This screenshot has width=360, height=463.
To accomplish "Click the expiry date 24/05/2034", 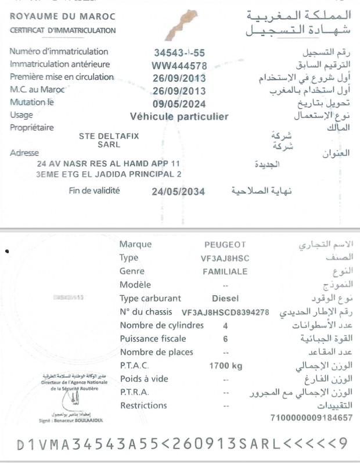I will tap(178, 191).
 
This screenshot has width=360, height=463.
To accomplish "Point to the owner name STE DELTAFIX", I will tap(109, 136).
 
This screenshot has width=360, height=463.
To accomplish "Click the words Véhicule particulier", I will tap(179, 117).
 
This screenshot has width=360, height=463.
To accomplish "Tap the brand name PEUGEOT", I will tap(225, 245).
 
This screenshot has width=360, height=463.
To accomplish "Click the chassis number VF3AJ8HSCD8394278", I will tap(225, 313).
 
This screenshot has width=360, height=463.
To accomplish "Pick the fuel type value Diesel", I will tap(225, 299).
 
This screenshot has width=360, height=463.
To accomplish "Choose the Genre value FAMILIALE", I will tap(225, 271).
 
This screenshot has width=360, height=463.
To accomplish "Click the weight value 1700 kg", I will tap(225, 366).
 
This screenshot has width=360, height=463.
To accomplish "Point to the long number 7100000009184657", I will tap(312, 418).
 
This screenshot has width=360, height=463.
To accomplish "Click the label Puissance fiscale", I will tap(153, 339).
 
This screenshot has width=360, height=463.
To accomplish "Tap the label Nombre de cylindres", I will tap(161, 325).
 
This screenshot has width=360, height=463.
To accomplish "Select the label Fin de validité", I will tap(94, 190).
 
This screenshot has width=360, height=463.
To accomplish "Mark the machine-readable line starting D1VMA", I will tap(182, 445).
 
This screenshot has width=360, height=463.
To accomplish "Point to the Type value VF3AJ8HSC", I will tap(225, 258).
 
